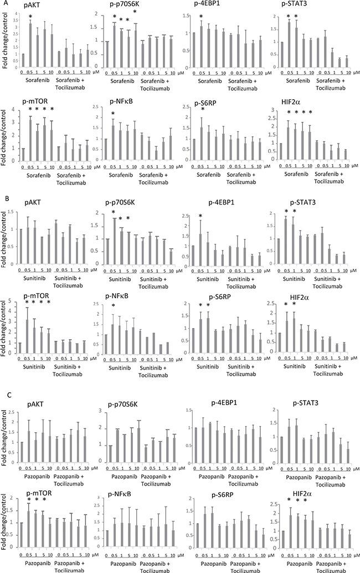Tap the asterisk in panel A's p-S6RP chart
(x=202, y=110)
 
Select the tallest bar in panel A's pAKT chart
(x=30, y=39)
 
